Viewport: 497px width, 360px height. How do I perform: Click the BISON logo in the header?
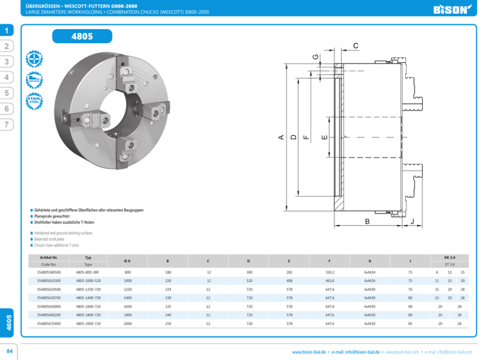click(x=452, y=10)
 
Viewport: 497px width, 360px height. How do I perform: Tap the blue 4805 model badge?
click(x=82, y=36)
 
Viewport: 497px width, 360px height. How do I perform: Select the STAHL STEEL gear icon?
click(x=34, y=101)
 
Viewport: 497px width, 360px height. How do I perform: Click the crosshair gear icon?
click(x=34, y=59)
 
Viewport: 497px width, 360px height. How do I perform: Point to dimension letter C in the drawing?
click(x=356, y=46)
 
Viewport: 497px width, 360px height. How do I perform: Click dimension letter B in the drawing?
click(x=367, y=222)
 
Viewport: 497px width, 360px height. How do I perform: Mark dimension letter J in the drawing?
click(x=412, y=222)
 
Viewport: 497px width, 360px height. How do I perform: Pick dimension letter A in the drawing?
click(x=281, y=137)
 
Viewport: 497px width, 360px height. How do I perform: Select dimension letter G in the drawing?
click(x=315, y=57)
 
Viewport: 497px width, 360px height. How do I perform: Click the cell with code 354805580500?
click(x=49, y=272)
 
